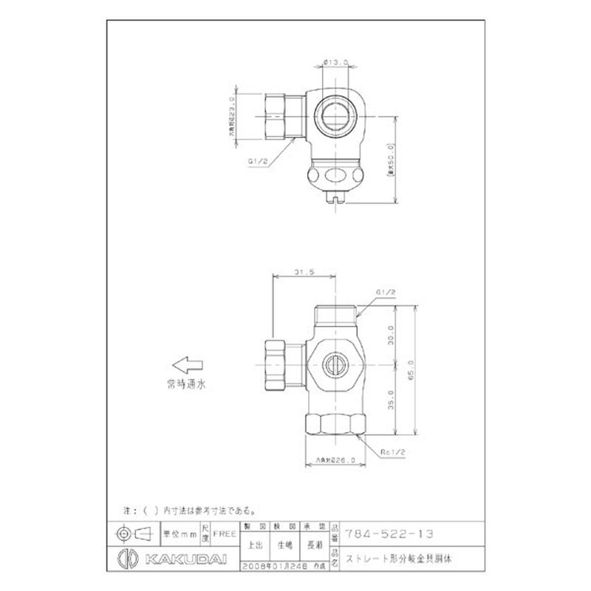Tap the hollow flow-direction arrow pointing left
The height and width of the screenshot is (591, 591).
185,364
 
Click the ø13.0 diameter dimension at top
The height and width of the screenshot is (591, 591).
336,62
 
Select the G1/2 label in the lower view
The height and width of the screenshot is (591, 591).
386,293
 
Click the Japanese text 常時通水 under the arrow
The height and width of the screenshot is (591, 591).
185,384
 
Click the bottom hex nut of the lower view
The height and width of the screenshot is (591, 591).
336,426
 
